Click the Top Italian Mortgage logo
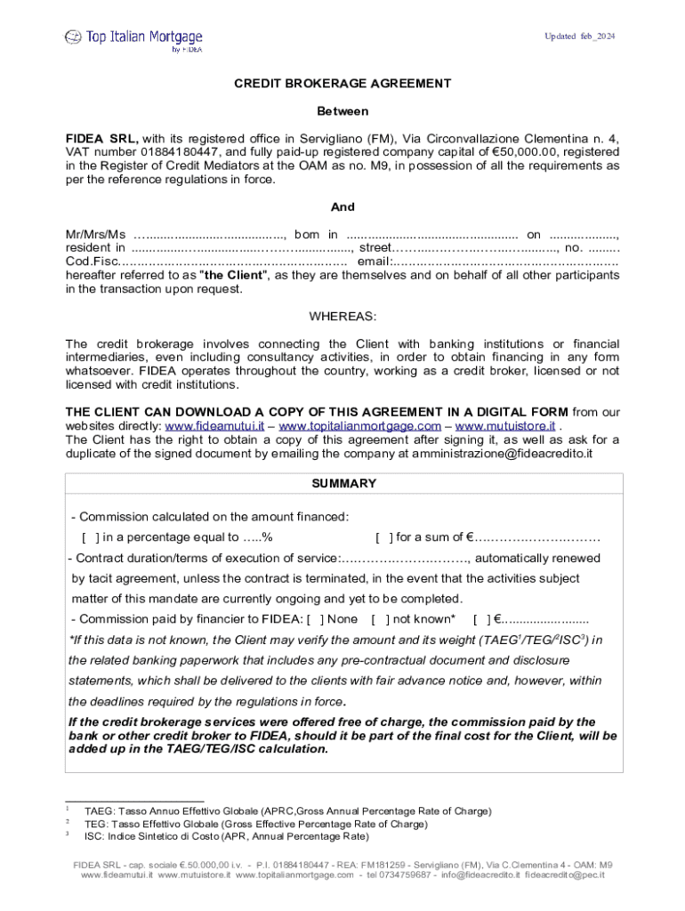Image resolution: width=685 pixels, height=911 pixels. pyautogui.click(x=133, y=38)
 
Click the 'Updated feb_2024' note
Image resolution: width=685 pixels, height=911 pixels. pyautogui.click(x=579, y=36)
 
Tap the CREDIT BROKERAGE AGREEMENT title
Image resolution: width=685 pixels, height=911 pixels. pyautogui.click(x=342, y=84)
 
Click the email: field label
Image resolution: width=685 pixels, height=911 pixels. pyautogui.click(x=374, y=262)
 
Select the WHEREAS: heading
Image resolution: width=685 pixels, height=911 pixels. pyautogui.click(x=342, y=316)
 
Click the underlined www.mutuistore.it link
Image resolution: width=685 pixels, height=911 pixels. pyautogui.click(x=504, y=425)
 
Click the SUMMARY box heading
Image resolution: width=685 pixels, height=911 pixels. pyautogui.click(x=342, y=484)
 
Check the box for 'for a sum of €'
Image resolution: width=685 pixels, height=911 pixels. pyautogui.click(x=383, y=537)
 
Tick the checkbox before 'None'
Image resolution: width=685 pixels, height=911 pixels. pyautogui.click(x=316, y=619)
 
